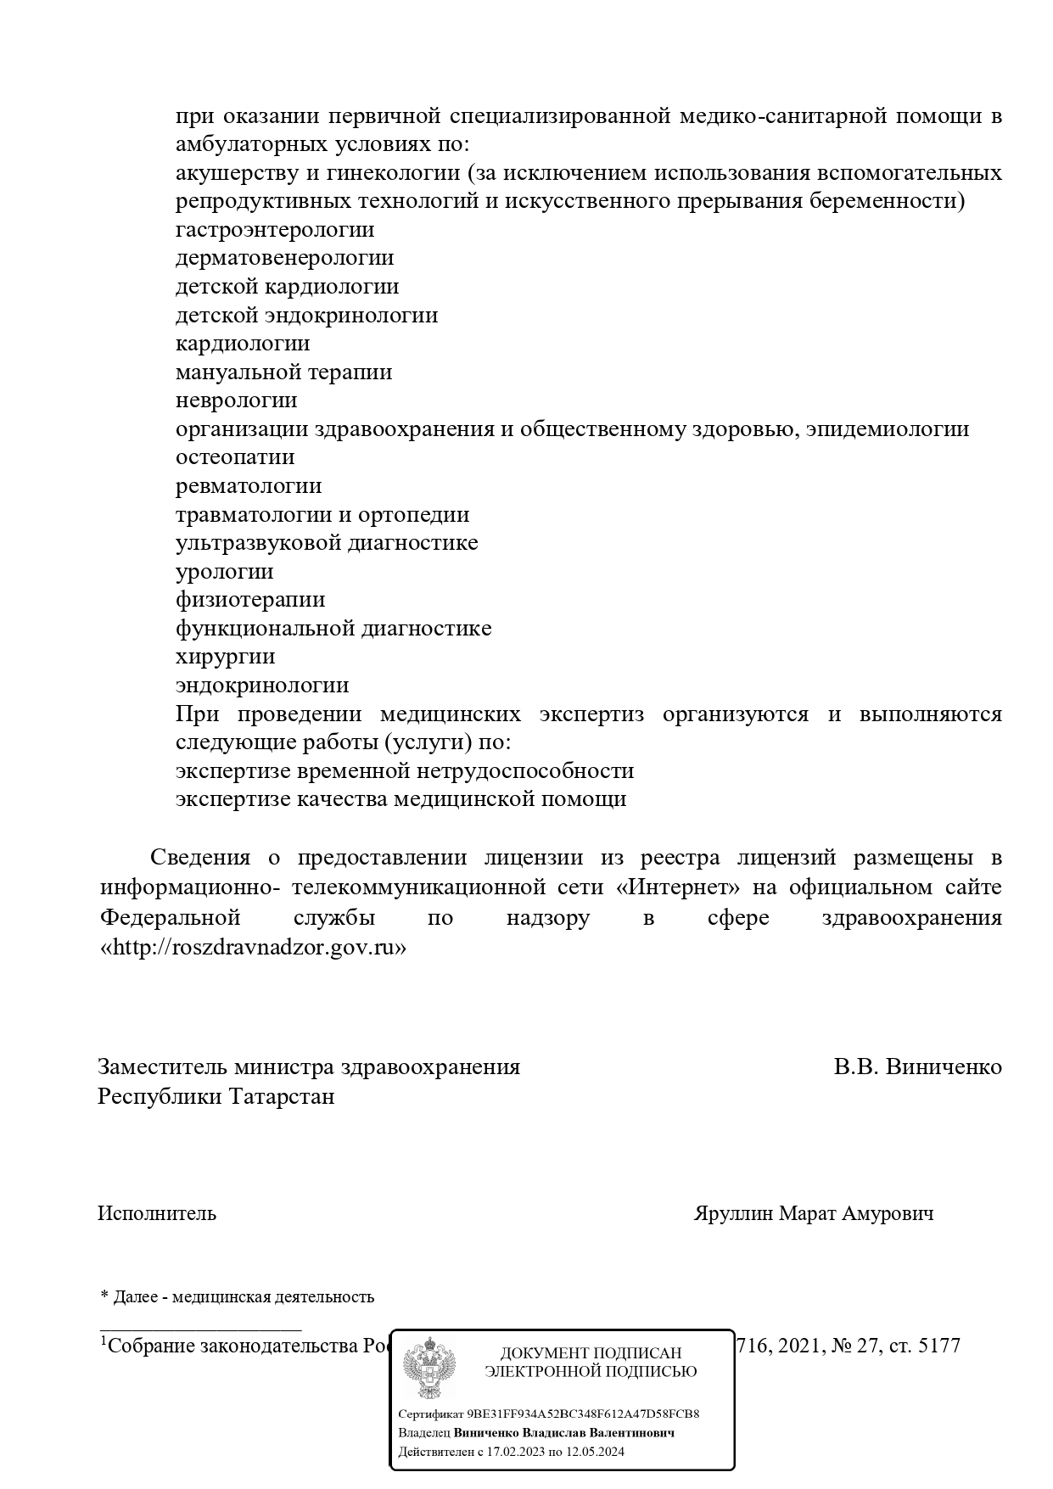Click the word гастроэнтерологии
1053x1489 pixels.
275,230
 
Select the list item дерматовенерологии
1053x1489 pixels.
285,258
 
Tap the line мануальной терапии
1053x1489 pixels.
284,372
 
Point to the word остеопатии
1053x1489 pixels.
235,457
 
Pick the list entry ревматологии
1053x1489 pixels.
249,486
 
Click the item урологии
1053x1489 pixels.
225,571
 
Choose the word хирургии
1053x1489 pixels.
226,657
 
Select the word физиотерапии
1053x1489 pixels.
250,600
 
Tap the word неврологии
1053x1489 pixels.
237,400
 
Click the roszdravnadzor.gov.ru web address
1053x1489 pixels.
254,948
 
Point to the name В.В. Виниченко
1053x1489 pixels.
917,1066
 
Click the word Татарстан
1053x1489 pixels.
281,1096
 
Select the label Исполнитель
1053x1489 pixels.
157,1213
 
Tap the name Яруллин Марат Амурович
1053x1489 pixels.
814,1213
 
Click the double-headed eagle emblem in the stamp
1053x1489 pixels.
428,1368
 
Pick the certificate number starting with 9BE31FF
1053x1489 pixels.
583,1413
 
